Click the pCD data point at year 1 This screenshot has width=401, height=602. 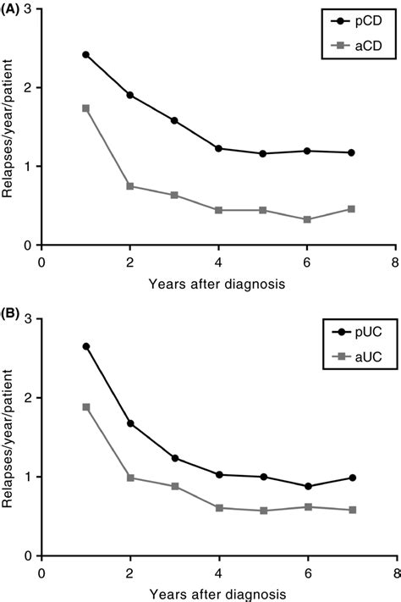[x=85, y=54]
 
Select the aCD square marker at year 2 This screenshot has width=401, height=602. [x=129, y=185]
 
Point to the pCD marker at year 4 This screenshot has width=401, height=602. [x=218, y=148]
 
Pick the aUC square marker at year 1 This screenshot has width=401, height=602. [x=85, y=406]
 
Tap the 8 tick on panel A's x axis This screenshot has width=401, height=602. [x=395, y=261]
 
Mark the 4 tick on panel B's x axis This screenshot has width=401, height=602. [x=218, y=572]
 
